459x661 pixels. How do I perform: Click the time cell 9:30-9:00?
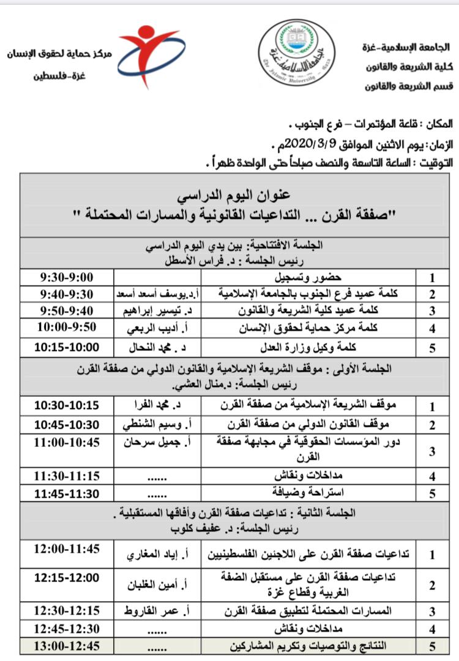click(x=67, y=278)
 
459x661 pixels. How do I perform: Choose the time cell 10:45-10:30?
click(x=67, y=424)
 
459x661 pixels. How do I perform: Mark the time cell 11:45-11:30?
click(x=67, y=492)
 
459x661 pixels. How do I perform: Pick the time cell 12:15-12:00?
click(x=67, y=577)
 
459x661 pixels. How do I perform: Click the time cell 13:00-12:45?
click(x=67, y=646)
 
